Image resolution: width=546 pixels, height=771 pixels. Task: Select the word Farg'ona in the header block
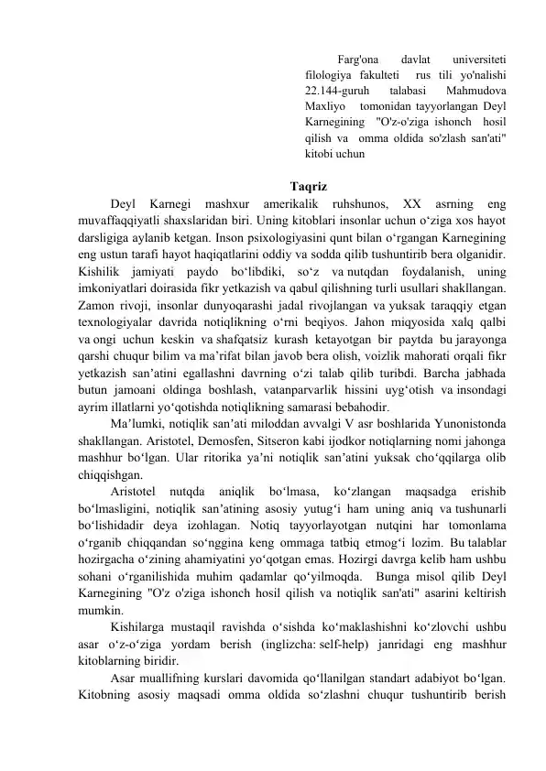click(x=357, y=58)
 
